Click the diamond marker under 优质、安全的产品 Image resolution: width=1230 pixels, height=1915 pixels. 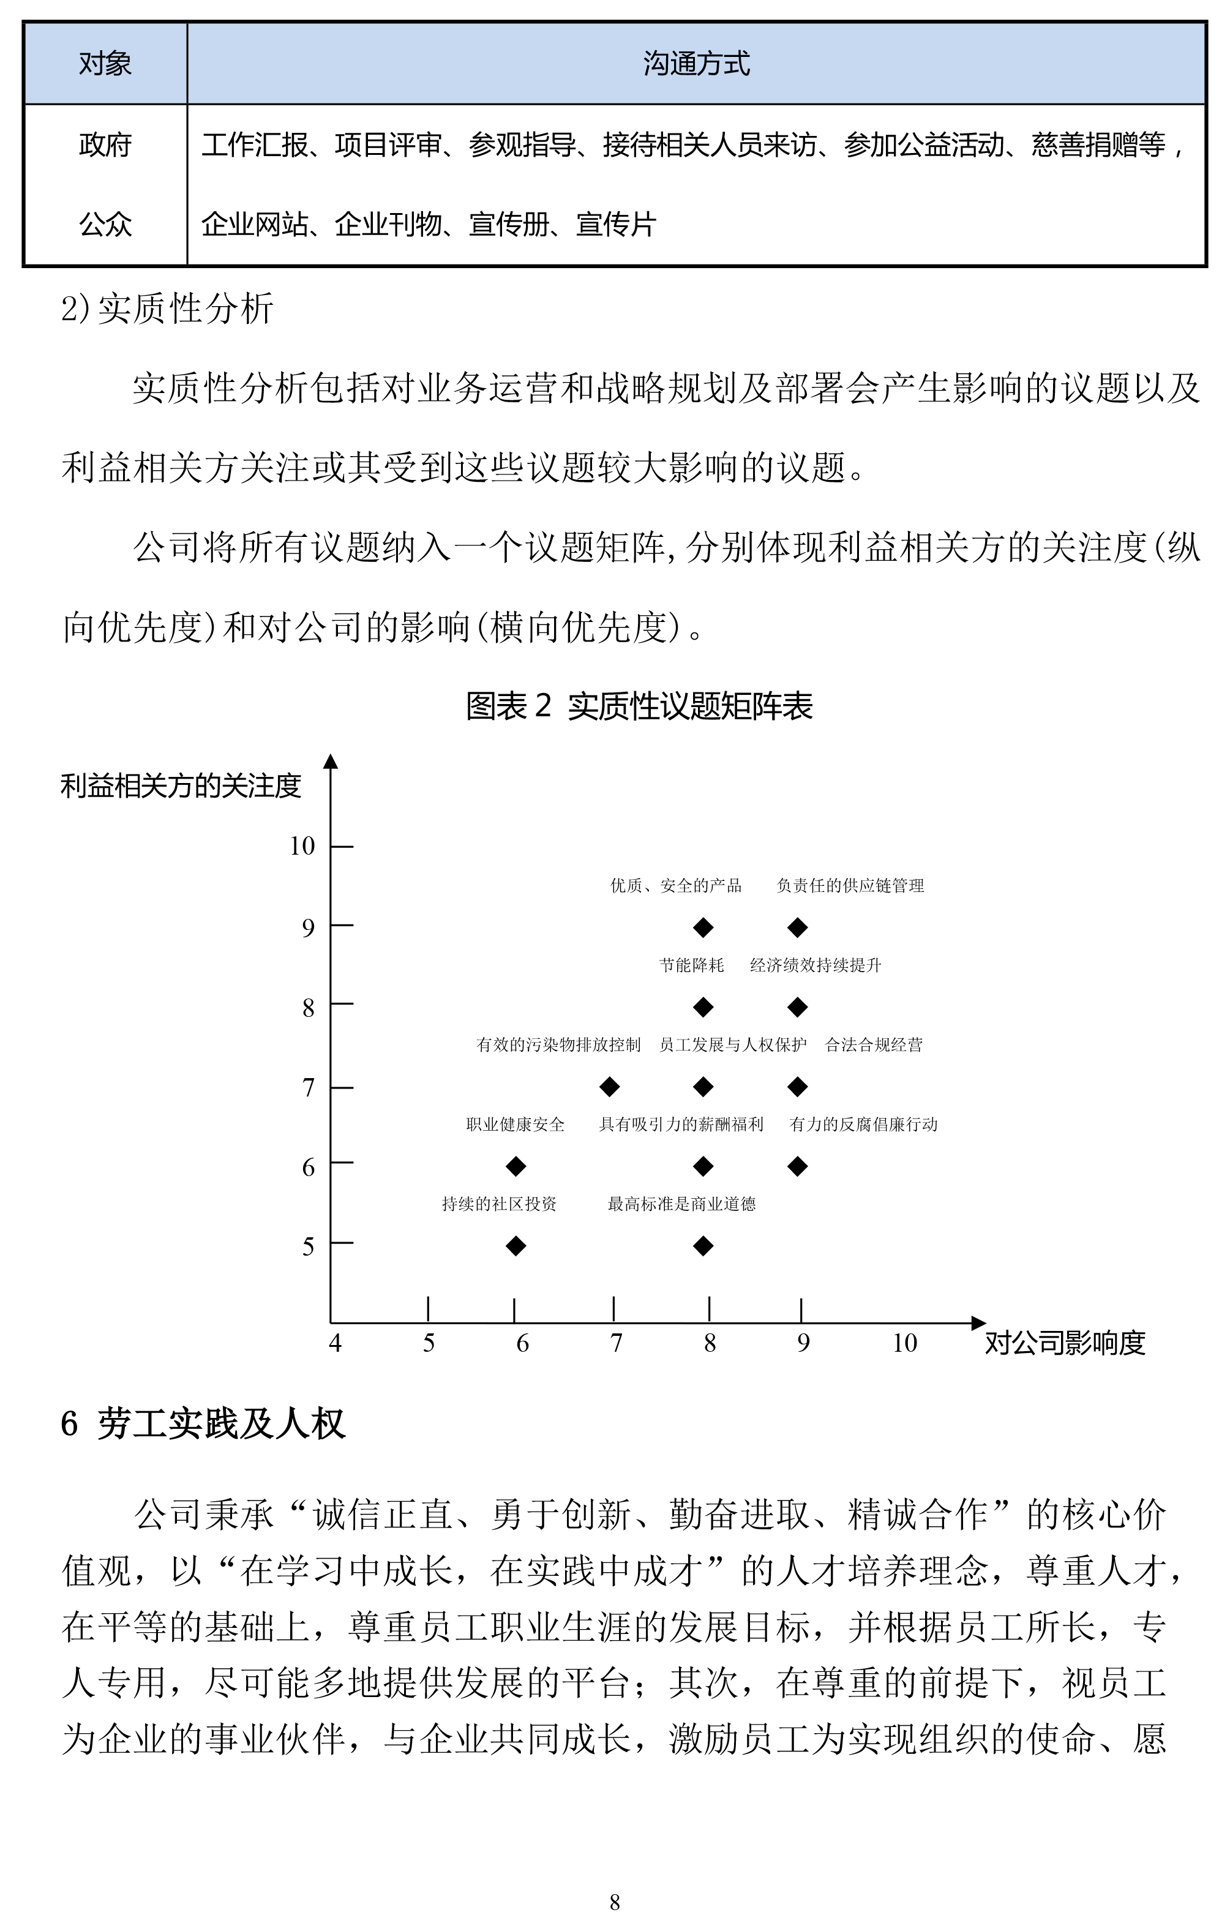tap(703, 927)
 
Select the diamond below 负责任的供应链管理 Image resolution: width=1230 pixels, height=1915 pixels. tap(797, 927)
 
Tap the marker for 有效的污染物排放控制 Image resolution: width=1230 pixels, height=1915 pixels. tap(609, 1086)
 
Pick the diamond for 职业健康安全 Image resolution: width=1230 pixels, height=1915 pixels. tap(516, 1166)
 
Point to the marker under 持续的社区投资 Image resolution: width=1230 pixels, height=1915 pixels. tap(516, 1245)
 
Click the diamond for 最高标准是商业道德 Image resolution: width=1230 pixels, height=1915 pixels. tap(703, 1245)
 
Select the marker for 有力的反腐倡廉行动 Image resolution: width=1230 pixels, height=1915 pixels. tap(797, 1166)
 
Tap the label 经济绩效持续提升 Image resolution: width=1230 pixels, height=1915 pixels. tap(815, 965)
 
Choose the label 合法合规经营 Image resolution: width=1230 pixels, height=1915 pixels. tap(873, 1044)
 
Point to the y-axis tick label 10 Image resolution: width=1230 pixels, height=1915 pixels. tap(302, 845)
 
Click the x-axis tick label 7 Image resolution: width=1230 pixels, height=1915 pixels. tap(616, 1343)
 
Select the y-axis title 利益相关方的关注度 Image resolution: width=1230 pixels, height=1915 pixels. tap(181, 786)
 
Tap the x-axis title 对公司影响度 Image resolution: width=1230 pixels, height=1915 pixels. tap(1065, 1343)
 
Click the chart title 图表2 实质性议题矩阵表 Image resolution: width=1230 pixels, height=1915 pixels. tap(639, 706)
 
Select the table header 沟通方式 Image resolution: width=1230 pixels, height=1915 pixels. tap(696, 64)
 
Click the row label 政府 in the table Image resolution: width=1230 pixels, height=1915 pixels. tap(105, 145)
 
